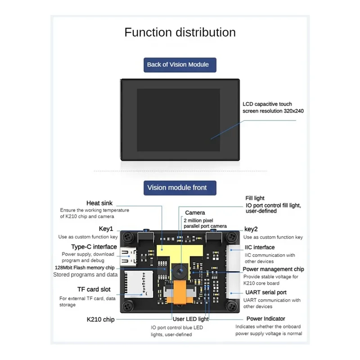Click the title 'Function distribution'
tap(180, 32)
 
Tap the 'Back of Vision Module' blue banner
tap(178, 64)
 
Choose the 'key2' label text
tap(251, 229)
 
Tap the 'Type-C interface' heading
tap(94, 247)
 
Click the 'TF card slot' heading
tap(94, 289)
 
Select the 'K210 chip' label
tap(100, 319)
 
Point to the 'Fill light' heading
tap(255, 198)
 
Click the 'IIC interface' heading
tap(260, 247)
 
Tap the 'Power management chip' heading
tap(274, 269)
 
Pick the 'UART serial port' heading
tap(265, 292)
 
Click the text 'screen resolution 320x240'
tap(273, 110)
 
